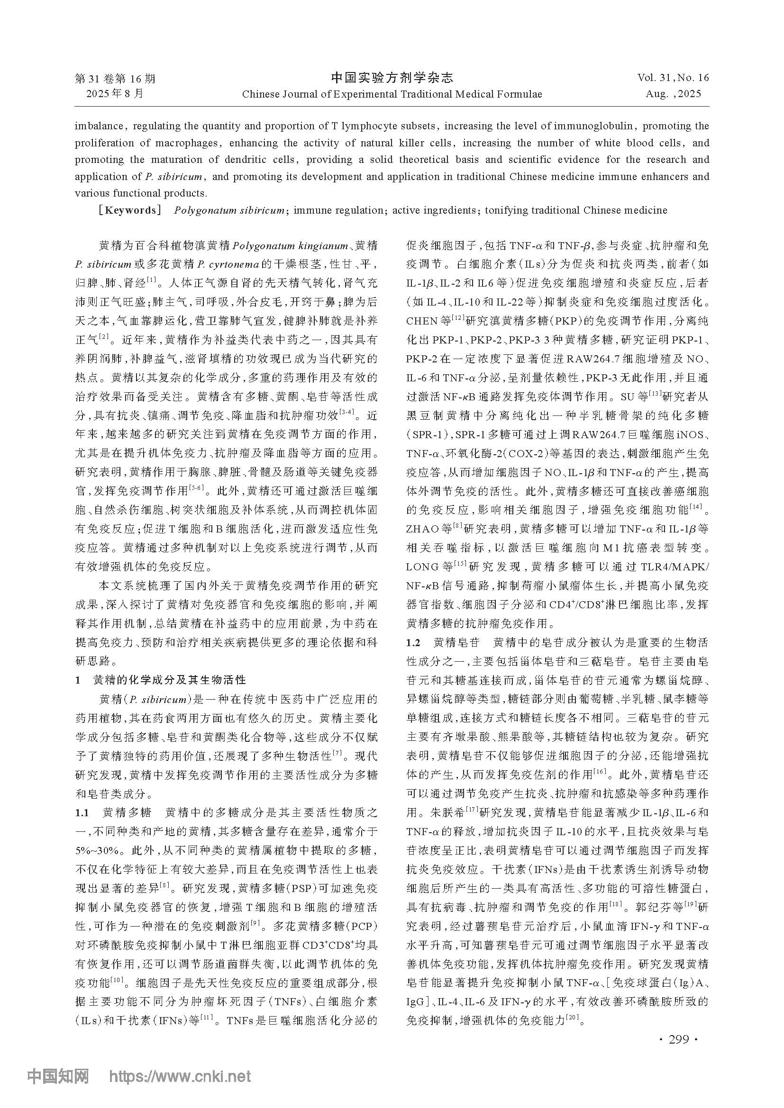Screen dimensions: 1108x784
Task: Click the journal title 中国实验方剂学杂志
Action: [x=392, y=78]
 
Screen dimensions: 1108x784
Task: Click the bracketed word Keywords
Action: [x=130, y=210]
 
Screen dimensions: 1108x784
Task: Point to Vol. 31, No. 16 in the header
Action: [x=673, y=78]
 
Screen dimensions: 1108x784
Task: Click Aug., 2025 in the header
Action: [x=673, y=94]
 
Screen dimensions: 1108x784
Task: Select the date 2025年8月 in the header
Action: [x=115, y=94]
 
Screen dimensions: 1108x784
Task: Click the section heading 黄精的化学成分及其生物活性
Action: [x=169, y=680]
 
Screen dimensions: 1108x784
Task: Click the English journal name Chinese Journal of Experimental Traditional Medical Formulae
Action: [x=392, y=94]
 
